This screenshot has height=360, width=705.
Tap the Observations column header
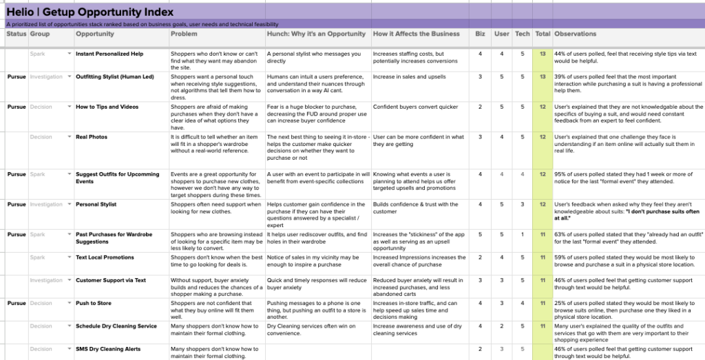coord(575,34)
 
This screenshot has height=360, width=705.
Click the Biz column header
coord(480,34)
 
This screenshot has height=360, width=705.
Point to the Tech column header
coord(523,34)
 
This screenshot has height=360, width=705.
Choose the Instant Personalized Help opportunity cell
coord(109,54)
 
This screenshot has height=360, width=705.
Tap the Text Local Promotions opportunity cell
coord(105,257)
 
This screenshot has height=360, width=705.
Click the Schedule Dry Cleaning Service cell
coord(116,326)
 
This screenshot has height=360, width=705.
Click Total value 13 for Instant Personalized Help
coord(543,54)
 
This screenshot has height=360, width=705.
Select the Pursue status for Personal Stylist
coord(17,204)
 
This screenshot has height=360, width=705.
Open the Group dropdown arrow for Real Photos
coord(69,137)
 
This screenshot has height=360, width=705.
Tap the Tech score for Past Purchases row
coord(523,235)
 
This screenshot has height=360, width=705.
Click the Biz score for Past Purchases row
coord(480,235)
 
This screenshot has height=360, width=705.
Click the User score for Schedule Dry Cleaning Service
coord(501,326)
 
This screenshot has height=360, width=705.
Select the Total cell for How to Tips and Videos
coord(543,107)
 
